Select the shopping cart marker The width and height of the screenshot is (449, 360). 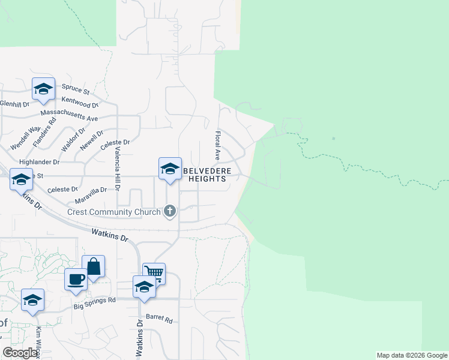click(154, 273)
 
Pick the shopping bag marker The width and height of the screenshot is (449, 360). click(94, 266)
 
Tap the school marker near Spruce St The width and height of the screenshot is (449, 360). click(43, 89)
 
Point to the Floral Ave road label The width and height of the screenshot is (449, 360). click(218, 146)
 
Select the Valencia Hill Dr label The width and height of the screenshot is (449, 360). click(118, 169)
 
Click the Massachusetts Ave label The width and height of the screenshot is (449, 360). click(69, 115)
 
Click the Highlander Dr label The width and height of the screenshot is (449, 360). click(40, 162)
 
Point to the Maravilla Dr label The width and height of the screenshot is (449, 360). click(91, 193)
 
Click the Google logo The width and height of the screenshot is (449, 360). click(20, 353)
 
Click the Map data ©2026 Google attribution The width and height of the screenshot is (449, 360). click(412, 355)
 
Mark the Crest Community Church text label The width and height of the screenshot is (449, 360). click(114, 212)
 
